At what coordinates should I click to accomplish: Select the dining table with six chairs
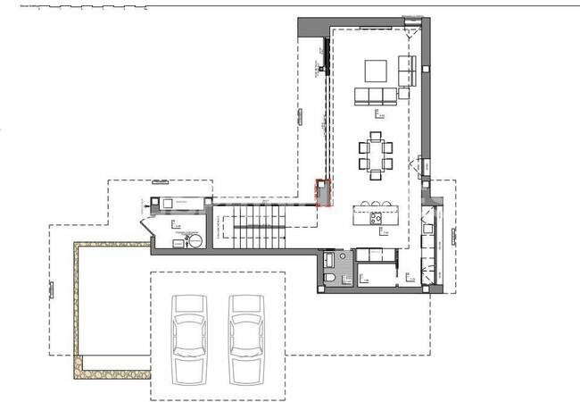tap(375, 154)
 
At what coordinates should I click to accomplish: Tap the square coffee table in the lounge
tap(375, 71)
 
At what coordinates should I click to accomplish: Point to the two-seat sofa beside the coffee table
tap(406, 71)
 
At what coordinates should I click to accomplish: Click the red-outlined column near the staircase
tap(324, 193)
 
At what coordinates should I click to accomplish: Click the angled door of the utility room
tap(145, 227)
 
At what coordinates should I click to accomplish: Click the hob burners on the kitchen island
tap(376, 214)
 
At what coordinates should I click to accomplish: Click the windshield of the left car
tap(189, 320)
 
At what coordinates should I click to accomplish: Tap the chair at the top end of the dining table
tap(375, 136)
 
